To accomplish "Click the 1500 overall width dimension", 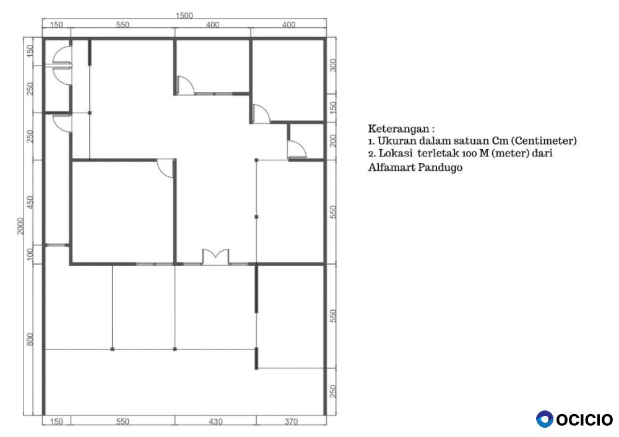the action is [x=184, y=15].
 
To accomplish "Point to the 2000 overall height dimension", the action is [x=20, y=226].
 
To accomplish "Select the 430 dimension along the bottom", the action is [x=215, y=422].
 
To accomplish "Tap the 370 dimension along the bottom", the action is [x=291, y=422].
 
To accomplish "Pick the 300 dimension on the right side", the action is [x=333, y=65].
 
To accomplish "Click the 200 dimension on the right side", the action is [x=333, y=141].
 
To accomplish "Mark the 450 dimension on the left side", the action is [x=30, y=202].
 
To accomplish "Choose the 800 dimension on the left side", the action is [x=30, y=339].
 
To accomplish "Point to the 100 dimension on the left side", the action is [x=30, y=254].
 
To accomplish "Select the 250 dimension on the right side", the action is [x=333, y=392].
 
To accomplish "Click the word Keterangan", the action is [x=399, y=129].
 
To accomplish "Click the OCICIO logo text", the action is [x=585, y=419].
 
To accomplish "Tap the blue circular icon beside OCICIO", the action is [x=545, y=419].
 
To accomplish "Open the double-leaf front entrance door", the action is [x=215, y=257].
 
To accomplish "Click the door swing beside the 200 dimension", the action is [x=297, y=149].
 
